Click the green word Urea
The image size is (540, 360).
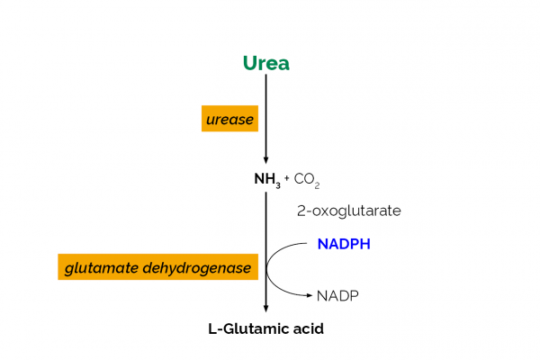[265, 63]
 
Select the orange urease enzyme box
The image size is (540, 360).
[229, 118]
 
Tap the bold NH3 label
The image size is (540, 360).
[267, 179]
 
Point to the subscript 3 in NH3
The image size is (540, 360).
[279, 183]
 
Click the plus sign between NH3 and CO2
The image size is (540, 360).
[287, 178]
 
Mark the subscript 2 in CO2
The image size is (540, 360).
[318, 184]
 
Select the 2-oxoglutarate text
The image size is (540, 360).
[348, 211]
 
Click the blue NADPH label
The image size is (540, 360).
[344, 244]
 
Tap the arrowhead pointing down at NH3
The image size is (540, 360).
[265, 160]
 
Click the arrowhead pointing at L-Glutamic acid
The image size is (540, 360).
[265, 309]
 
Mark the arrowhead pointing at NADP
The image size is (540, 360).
[310, 295]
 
